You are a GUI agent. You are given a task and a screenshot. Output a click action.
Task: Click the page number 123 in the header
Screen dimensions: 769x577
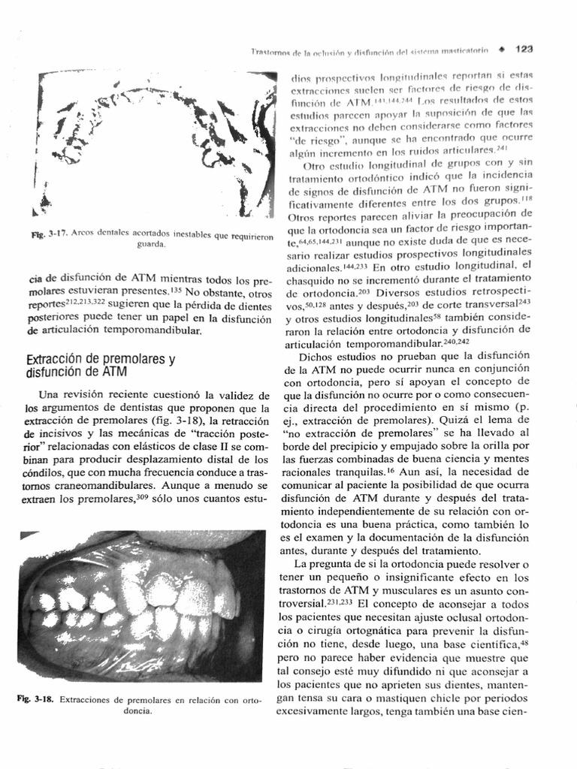click(x=524, y=50)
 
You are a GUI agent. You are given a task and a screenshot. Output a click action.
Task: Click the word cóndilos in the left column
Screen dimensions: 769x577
click(x=47, y=472)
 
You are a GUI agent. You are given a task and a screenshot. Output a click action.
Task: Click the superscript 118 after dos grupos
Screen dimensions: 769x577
click(x=527, y=200)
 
